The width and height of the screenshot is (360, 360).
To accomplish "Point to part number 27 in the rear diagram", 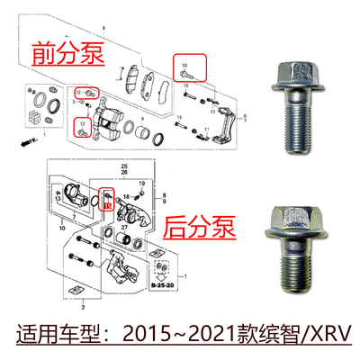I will [x=123, y=229].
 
